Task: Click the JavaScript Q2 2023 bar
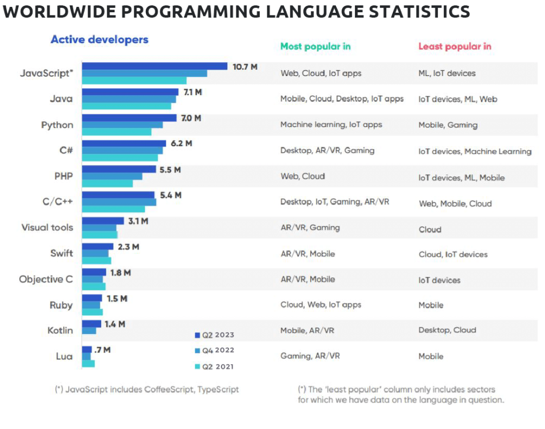pyautogui.click(x=154, y=66)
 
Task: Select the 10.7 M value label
pyautogui.click(x=245, y=66)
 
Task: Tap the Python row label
pyautogui.click(x=57, y=125)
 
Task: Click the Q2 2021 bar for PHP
pyautogui.click(x=107, y=183)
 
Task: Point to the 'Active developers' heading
pyautogui.click(x=99, y=39)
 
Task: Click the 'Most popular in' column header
pyautogui.click(x=315, y=46)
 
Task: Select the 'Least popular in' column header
pyautogui.click(x=455, y=46)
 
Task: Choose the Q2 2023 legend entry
pyautogui.click(x=214, y=335)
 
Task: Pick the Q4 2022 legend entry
pyautogui.click(x=214, y=350)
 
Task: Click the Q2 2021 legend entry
pyautogui.click(x=214, y=366)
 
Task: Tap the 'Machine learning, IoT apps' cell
pyautogui.click(x=331, y=124)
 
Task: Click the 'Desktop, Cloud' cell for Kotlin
pyautogui.click(x=447, y=330)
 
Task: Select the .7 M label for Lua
pyautogui.click(x=103, y=350)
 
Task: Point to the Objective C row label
pyautogui.click(x=46, y=279)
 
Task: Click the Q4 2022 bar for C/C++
pyautogui.click(x=119, y=202)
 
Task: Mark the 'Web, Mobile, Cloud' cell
pyautogui.click(x=455, y=204)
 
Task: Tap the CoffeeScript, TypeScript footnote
pyautogui.click(x=147, y=389)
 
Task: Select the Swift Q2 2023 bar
pyautogui.click(x=97, y=246)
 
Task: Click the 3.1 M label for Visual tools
pyautogui.click(x=138, y=221)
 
